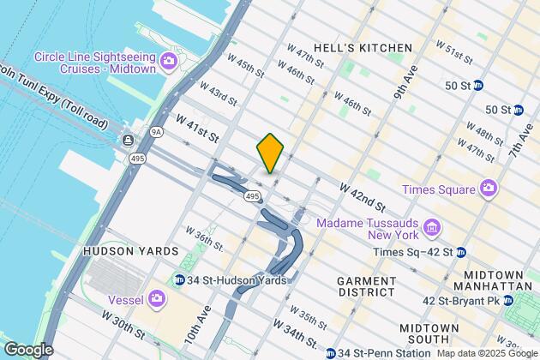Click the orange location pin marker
point(270,153)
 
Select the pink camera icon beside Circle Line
point(169,59)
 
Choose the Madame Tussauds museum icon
point(433,228)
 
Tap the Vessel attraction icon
point(157,298)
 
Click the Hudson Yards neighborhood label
point(130,251)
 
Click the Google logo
point(27,349)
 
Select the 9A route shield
point(154,132)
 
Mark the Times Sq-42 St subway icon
point(461,252)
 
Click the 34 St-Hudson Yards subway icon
point(180,279)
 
